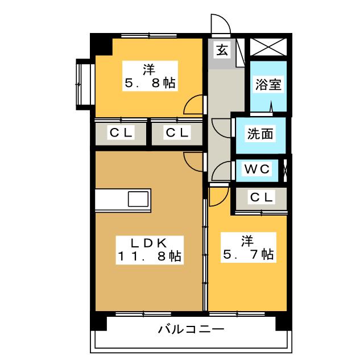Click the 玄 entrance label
pyautogui.click(x=222, y=49)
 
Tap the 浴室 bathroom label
pyautogui.click(x=268, y=85)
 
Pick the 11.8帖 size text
pyautogui.click(x=150, y=257)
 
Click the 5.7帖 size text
pyautogui.click(x=248, y=254)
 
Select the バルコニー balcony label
pyautogui.click(x=191, y=329)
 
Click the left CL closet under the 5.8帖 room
pyautogui.click(x=121, y=134)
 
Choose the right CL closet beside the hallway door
pyautogui.click(x=177, y=134)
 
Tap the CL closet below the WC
pyautogui.click(x=262, y=197)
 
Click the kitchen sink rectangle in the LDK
pyautogui.click(x=138, y=200)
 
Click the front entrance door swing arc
pyautogui.click(x=219, y=25)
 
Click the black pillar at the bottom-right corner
pyautogui.click(x=283, y=321)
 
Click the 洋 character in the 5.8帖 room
pyautogui.click(x=149, y=70)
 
